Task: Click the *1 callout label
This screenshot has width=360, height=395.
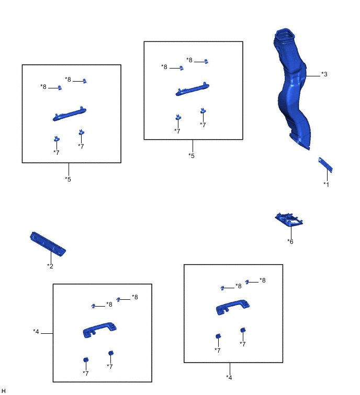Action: tap(326, 184)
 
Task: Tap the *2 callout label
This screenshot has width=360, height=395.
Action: tap(50, 266)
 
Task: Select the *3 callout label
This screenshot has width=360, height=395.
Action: tap(324, 74)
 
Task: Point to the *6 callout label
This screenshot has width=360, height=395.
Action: tap(290, 242)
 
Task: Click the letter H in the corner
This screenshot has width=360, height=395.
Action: tap(3, 391)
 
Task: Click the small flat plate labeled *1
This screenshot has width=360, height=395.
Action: tap(325, 164)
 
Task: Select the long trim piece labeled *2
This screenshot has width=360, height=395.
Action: tap(48, 244)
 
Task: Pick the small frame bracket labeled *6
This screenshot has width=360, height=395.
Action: tap(289, 220)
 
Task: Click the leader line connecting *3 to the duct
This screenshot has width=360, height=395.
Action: tap(313, 76)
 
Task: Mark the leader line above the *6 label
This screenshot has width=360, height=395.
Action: tap(291, 232)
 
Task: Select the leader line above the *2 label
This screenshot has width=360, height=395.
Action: tap(51, 257)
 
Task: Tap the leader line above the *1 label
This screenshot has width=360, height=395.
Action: tap(327, 175)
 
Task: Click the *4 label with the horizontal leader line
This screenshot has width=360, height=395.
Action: tap(36, 332)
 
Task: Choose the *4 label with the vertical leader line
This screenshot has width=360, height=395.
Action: tap(229, 377)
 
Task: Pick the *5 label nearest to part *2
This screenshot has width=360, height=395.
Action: tap(68, 179)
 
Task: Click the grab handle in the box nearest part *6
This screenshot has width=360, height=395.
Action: tap(233, 307)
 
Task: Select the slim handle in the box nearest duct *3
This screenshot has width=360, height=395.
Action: tap(192, 89)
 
